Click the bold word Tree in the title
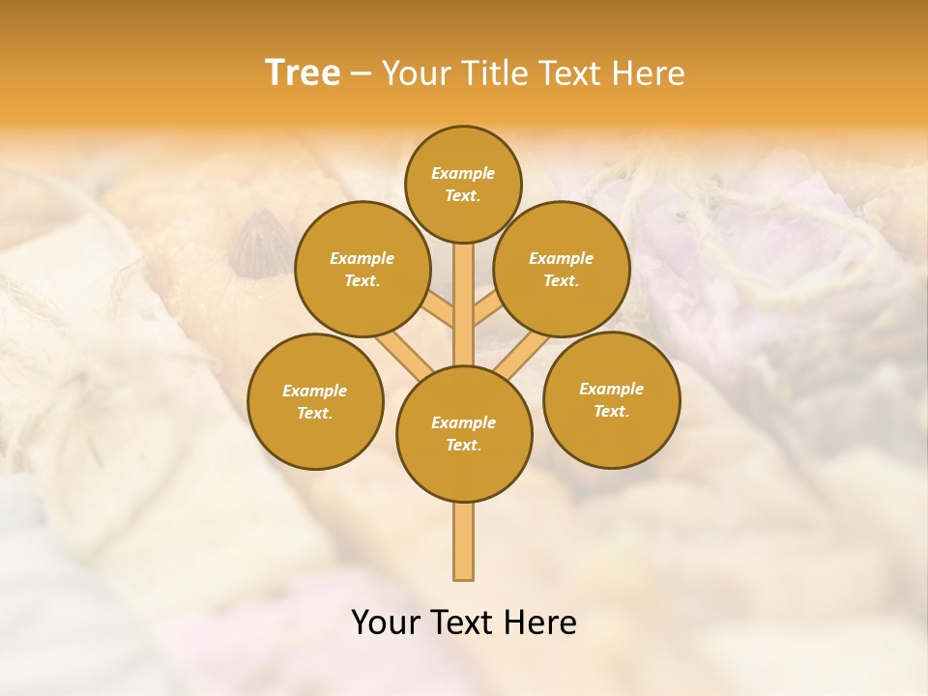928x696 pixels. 303,73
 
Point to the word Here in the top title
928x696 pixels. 648,73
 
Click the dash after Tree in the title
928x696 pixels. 361,74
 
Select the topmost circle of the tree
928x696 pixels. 463,184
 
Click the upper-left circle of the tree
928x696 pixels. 362,270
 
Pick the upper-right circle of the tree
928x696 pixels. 562,270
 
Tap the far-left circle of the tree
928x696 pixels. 315,401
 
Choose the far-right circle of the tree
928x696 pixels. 612,399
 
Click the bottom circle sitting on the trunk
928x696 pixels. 464,434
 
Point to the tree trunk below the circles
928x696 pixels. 464,541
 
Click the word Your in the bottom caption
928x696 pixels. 387,623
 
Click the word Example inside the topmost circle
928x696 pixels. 463,174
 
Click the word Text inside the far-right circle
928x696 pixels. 611,412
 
